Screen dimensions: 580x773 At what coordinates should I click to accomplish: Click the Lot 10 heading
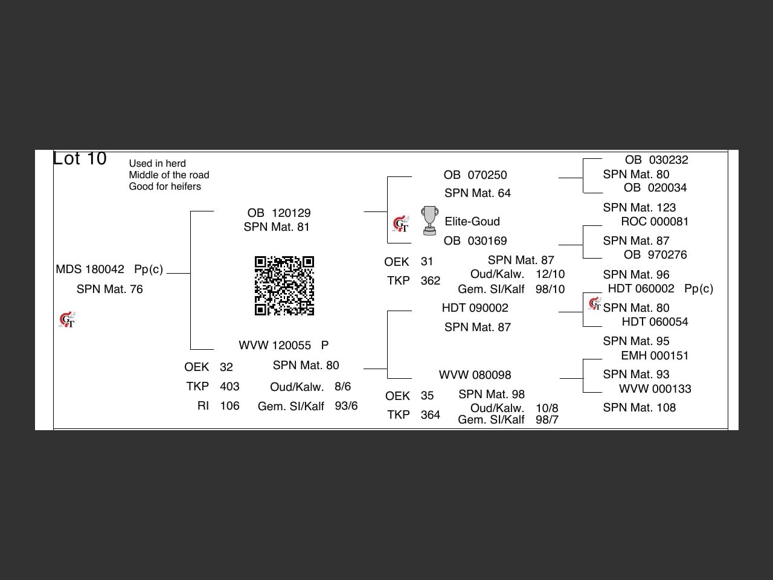80,158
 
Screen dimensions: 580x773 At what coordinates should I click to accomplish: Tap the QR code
284,286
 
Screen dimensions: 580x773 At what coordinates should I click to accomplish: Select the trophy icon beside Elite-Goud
429,221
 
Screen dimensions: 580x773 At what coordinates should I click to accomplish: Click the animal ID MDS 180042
90,269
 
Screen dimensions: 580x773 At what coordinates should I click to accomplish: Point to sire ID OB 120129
279,213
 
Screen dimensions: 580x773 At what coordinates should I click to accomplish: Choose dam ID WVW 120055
275,346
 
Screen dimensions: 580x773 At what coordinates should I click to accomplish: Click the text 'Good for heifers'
165,187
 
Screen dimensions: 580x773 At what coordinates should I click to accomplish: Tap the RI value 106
229,406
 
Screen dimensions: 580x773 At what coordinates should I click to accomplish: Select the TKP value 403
229,387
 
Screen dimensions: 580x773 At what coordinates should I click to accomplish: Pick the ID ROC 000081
655,222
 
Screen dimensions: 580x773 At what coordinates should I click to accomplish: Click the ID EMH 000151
655,356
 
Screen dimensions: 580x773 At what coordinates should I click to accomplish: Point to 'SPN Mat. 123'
639,208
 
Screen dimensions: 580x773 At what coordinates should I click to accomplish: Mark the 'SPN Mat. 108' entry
639,408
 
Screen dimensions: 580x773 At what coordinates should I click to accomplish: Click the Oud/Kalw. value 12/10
550,274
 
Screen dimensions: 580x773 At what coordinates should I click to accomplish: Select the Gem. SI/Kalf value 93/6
346,406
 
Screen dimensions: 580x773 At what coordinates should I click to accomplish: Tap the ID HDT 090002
475,308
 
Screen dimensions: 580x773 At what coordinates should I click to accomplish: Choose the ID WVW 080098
475,375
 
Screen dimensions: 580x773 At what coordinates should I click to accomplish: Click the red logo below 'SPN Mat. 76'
67,320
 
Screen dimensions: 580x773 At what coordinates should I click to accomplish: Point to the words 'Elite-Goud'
472,222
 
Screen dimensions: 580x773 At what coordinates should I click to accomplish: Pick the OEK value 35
427,396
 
